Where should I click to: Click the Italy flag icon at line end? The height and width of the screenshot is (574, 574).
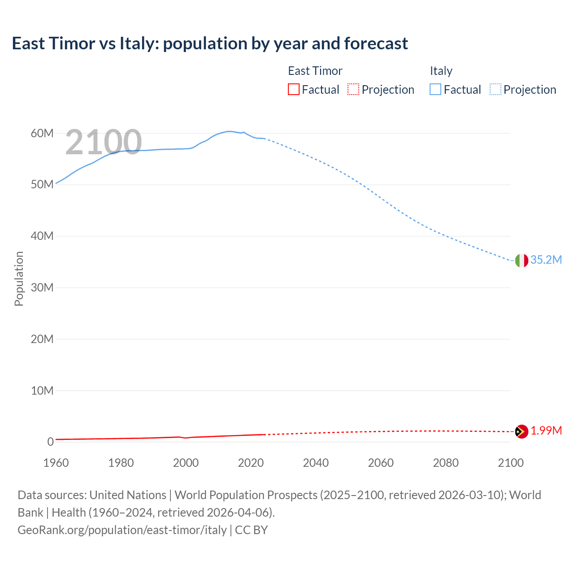pyautogui.click(x=522, y=260)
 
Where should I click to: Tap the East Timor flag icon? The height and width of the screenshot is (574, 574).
pyautogui.click(x=522, y=431)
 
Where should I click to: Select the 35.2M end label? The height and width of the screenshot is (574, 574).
pyautogui.click(x=546, y=260)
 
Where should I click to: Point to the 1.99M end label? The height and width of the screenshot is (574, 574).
pyautogui.click(x=546, y=431)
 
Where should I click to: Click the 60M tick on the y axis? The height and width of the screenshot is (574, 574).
pyautogui.click(x=42, y=133)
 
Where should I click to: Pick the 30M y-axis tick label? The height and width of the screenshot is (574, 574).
pyautogui.click(x=42, y=287)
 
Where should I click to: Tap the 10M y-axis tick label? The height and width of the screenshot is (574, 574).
pyautogui.click(x=42, y=391)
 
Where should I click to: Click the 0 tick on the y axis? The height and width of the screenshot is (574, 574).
pyautogui.click(x=50, y=442)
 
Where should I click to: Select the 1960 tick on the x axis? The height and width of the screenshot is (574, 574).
pyautogui.click(x=56, y=463)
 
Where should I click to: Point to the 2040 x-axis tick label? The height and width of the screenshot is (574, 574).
pyautogui.click(x=316, y=463)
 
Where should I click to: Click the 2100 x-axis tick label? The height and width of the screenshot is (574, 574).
pyautogui.click(x=510, y=463)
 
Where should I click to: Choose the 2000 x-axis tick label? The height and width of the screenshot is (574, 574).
pyautogui.click(x=186, y=463)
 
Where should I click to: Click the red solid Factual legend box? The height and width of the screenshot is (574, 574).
pyautogui.click(x=294, y=90)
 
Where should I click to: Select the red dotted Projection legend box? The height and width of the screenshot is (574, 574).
pyautogui.click(x=353, y=90)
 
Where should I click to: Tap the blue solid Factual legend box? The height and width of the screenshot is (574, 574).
pyautogui.click(x=435, y=90)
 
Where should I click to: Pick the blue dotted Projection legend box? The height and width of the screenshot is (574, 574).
pyautogui.click(x=496, y=90)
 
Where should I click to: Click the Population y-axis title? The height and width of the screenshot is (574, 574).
pyautogui.click(x=19, y=278)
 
